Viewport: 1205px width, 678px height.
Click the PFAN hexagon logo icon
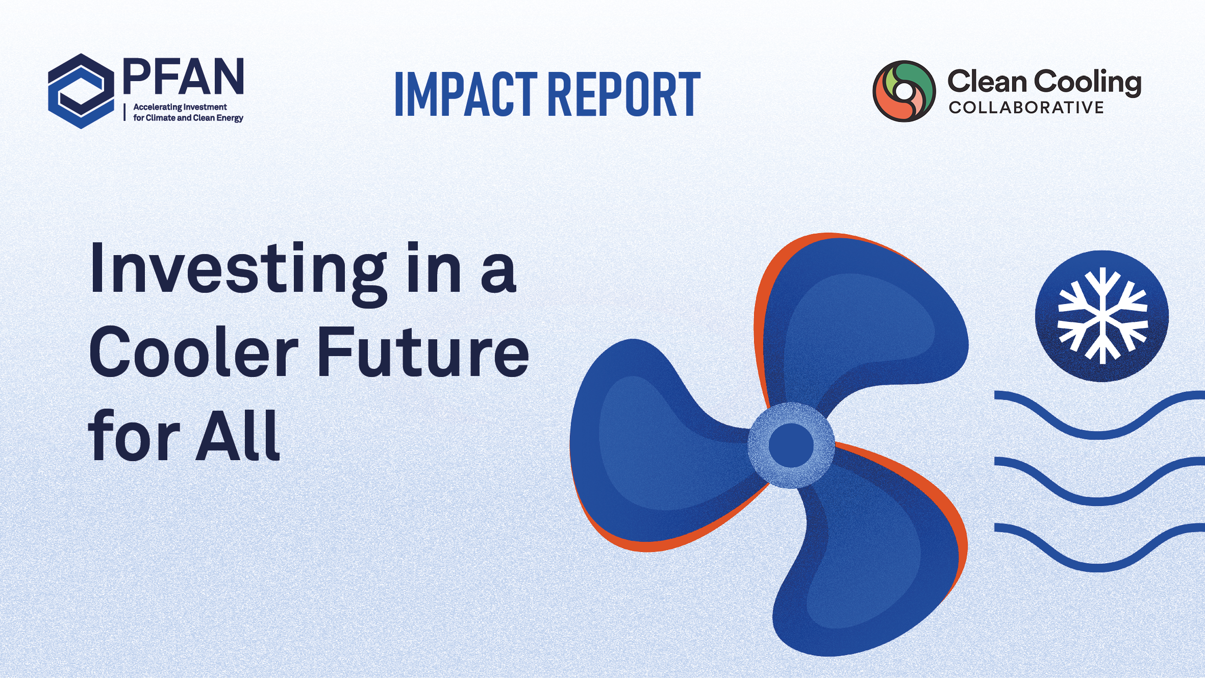pos(81,91)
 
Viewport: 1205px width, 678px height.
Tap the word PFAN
pos(184,77)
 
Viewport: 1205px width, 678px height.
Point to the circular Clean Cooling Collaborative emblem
pos(904,91)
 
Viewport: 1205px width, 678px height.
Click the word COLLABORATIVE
pos(1026,108)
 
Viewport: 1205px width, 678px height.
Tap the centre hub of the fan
pos(791,445)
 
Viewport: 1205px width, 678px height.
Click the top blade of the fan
pos(862,316)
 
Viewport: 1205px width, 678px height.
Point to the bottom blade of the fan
pos(872,556)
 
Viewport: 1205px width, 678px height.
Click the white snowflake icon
pos(1102,316)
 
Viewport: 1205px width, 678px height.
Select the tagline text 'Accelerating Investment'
pos(180,107)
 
